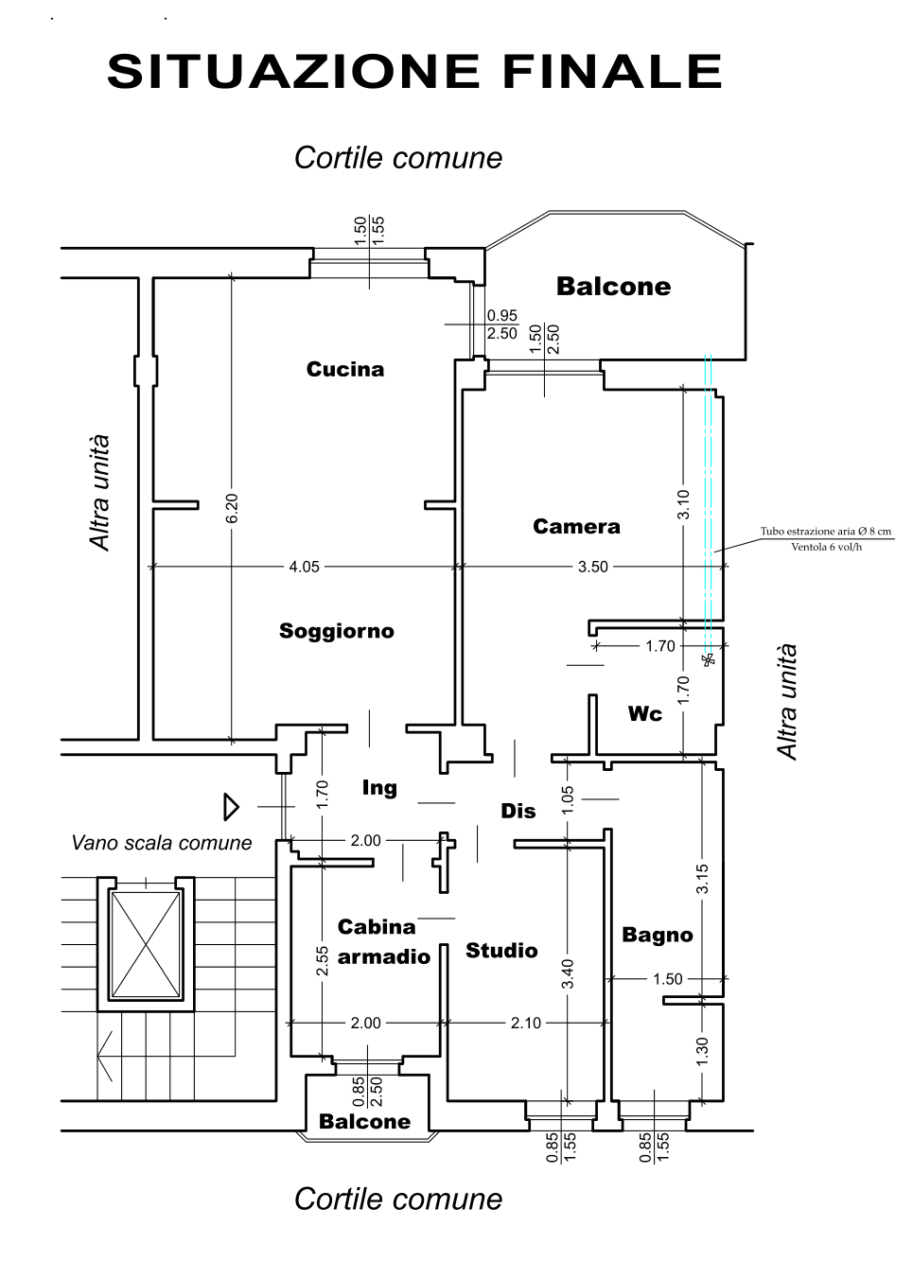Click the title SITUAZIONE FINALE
(x=414, y=72)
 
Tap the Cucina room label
(x=345, y=369)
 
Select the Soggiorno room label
(x=337, y=631)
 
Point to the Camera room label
(x=576, y=526)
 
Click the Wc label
(x=645, y=714)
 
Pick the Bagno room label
(x=658, y=935)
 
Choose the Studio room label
(x=501, y=951)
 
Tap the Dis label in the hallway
(x=518, y=811)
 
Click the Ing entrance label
(x=379, y=788)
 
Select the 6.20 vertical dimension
(x=232, y=508)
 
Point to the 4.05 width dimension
(x=304, y=567)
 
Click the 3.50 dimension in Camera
(x=592, y=567)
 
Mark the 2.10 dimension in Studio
(x=526, y=1023)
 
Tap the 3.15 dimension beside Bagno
(x=702, y=879)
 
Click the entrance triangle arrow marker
(x=232, y=807)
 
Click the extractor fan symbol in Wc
(x=709, y=659)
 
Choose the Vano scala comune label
(x=162, y=843)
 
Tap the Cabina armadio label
(x=384, y=942)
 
